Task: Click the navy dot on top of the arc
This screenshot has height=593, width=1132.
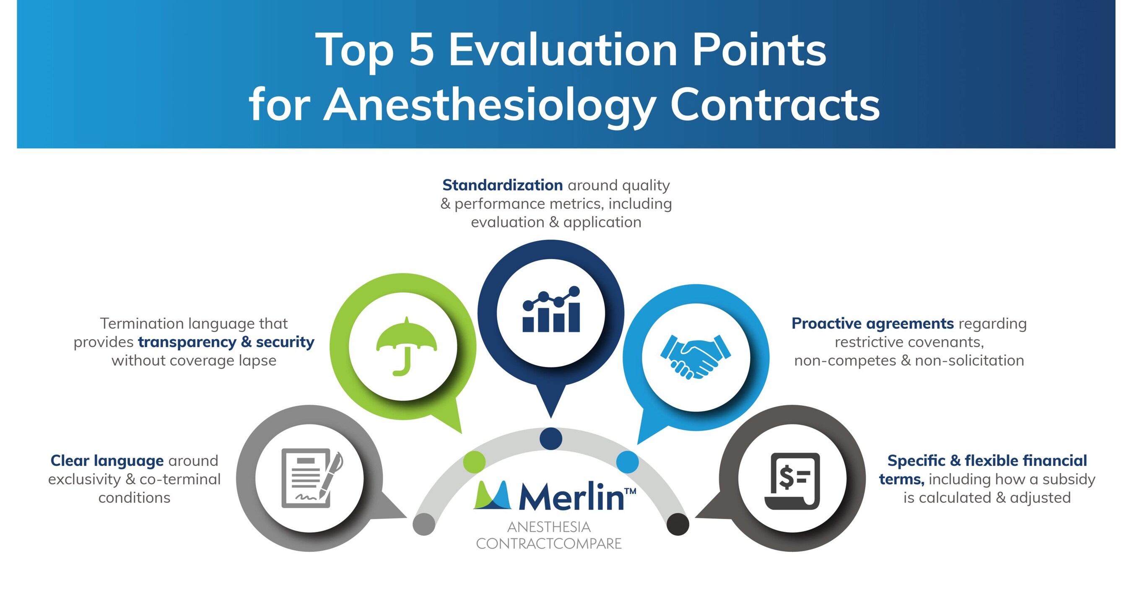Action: click(550, 438)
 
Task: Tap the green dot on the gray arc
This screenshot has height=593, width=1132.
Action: click(474, 462)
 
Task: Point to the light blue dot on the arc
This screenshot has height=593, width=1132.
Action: click(627, 462)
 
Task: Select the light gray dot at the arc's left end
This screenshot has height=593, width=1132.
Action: click(424, 524)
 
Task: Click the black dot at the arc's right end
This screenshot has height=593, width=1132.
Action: click(678, 524)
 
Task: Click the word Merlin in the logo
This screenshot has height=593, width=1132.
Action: click(571, 497)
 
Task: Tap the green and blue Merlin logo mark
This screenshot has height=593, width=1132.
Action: click(493, 495)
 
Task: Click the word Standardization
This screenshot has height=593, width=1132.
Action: click(502, 185)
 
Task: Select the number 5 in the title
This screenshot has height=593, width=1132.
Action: click(421, 49)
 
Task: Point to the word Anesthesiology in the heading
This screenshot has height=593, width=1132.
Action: click(489, 104)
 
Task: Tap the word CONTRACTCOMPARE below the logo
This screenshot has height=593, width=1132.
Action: click(549, 544)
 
